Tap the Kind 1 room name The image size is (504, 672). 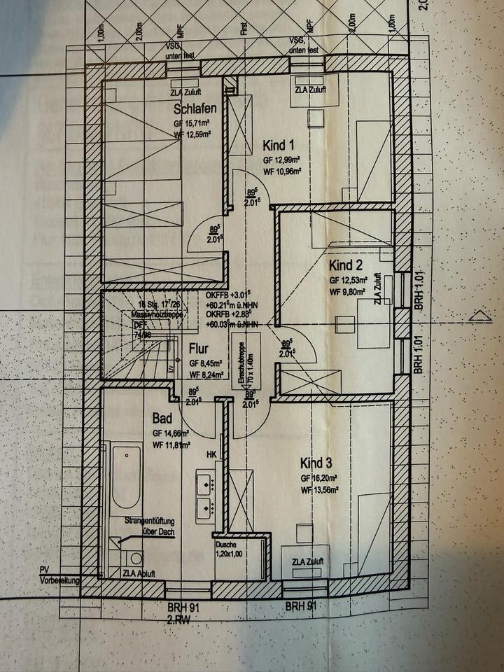coord(279,146)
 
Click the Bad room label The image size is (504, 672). coord(162,419)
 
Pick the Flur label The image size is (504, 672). coord(199,347)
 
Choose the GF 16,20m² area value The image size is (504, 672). coord(320,478)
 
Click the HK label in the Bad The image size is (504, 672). coord(210,454)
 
